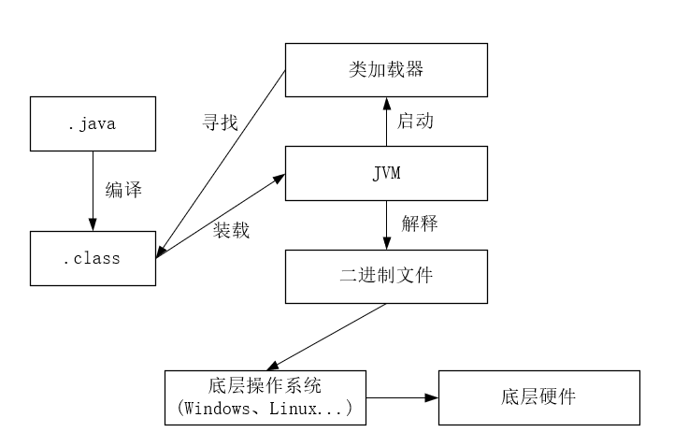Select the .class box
92,258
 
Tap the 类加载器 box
386,69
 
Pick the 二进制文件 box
386,276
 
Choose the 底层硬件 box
539,396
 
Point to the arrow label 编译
123,191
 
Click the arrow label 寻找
221,122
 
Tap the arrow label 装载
231,230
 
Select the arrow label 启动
416,121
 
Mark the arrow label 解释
420,223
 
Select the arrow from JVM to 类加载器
386,121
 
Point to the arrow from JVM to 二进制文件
386,224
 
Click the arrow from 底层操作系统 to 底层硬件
401,397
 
